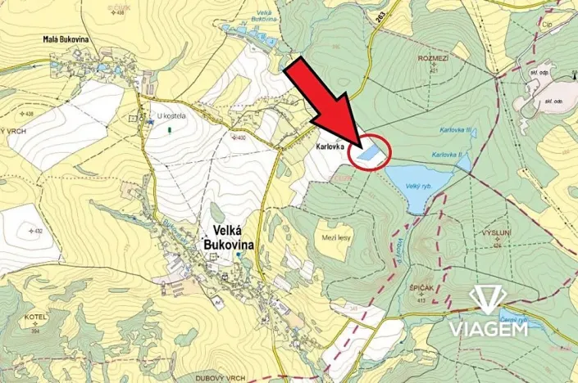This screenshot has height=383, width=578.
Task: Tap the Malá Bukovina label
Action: pos(71,38)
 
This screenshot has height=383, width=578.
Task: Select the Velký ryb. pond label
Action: pos(418,186)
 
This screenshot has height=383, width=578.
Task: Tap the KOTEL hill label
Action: pos(34,317)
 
